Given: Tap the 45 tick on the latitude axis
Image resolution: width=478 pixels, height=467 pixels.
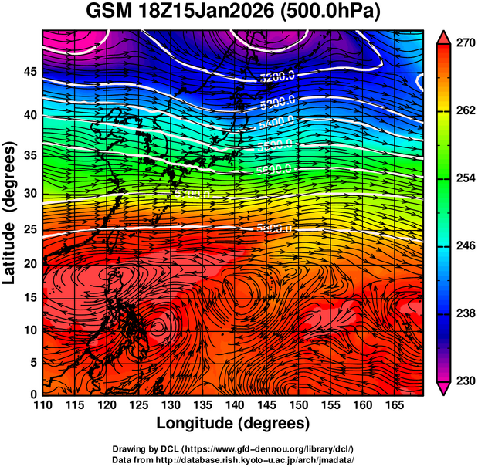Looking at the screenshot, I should [29, 72].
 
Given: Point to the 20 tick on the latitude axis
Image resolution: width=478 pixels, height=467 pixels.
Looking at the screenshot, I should [29, 264].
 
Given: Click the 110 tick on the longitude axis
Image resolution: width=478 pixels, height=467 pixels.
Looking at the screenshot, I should [42, 404].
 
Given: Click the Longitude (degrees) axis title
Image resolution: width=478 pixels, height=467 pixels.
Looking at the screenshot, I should [233, 423].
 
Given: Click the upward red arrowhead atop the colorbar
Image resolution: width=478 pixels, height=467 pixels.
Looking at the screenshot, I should [444, 36].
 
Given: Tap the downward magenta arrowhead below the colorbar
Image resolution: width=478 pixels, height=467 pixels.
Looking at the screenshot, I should [444, 388].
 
